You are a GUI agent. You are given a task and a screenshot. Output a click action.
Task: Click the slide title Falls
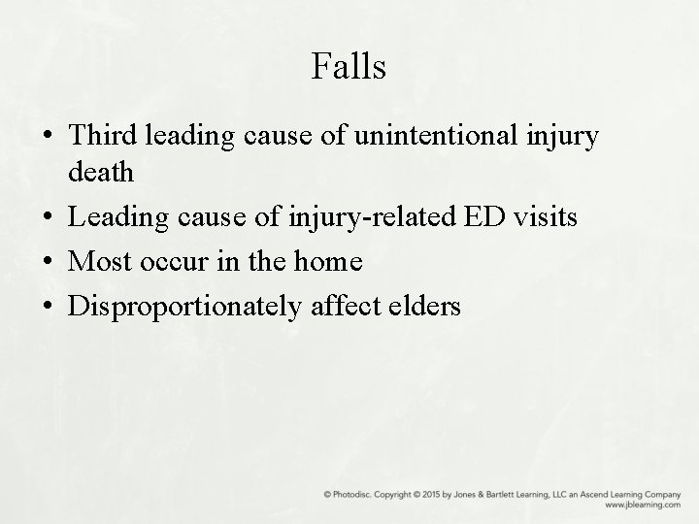349,67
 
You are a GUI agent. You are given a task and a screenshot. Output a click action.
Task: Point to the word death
101,173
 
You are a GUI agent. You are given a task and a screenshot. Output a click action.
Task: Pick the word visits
546,217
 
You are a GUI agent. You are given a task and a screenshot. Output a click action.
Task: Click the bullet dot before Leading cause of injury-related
48,219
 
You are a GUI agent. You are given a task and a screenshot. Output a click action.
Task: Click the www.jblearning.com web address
643,506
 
